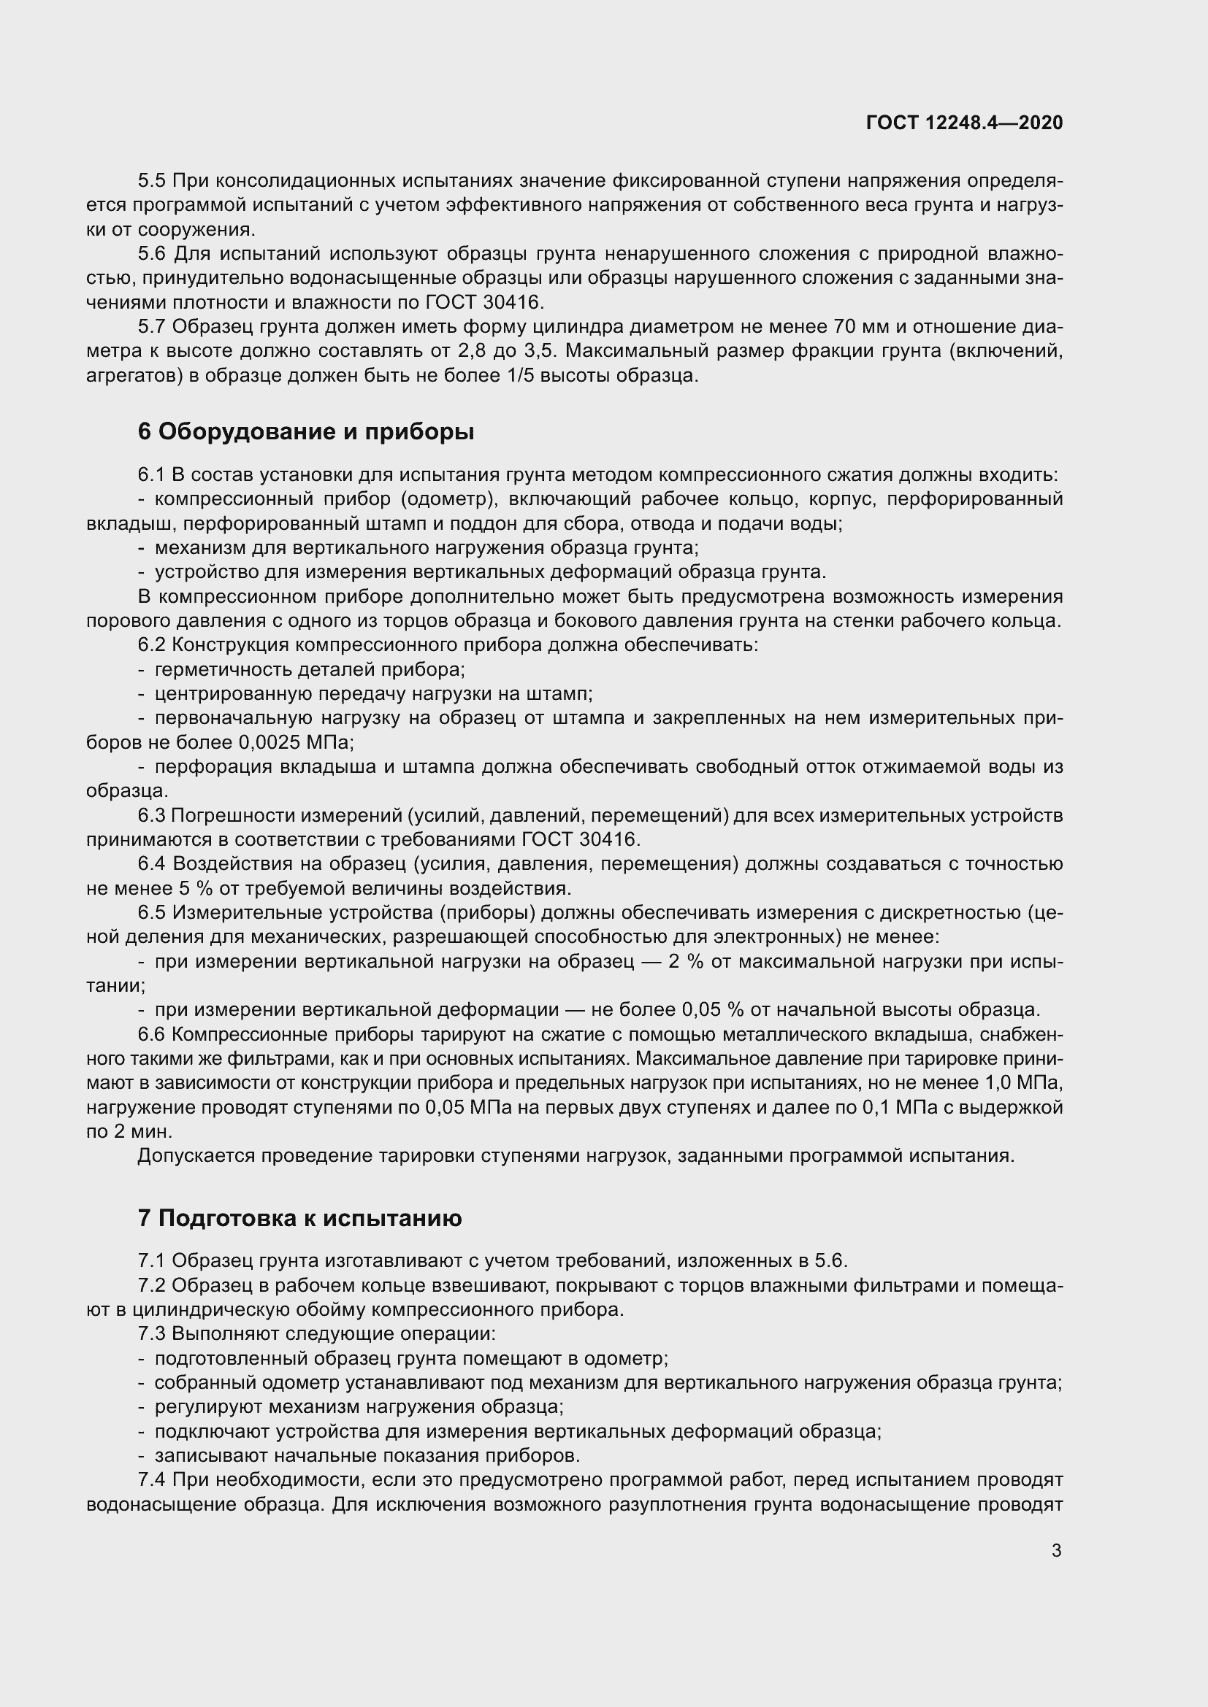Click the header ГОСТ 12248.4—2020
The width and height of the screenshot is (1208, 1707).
(964, 123)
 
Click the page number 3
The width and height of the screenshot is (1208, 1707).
(1056, 1551)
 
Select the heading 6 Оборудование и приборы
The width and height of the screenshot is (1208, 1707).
(306, 431)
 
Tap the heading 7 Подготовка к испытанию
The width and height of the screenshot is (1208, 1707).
(299, 1218)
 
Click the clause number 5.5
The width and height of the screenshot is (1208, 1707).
(153, 181)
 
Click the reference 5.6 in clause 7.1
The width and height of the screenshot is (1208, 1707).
(831, 1261)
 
